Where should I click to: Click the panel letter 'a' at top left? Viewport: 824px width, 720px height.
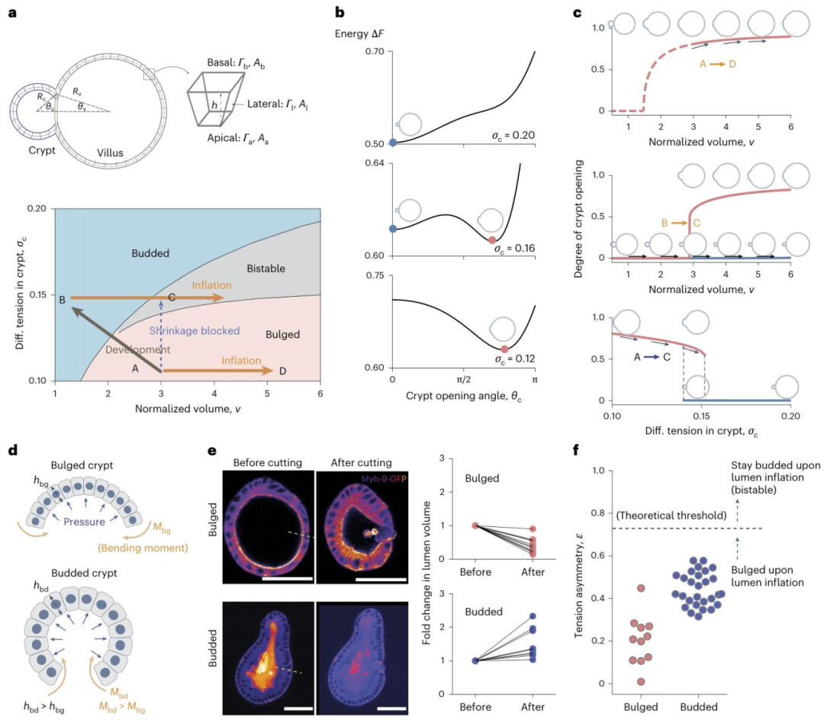tap(11, 14)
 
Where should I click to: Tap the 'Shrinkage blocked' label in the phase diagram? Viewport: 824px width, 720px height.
tap(195, 330)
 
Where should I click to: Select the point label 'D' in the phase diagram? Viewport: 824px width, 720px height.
tap(282, 371)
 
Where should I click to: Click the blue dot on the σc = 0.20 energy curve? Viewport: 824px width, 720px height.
tap(392, 142)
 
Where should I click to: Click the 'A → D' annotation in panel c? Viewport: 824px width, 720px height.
tap(717, 63)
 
